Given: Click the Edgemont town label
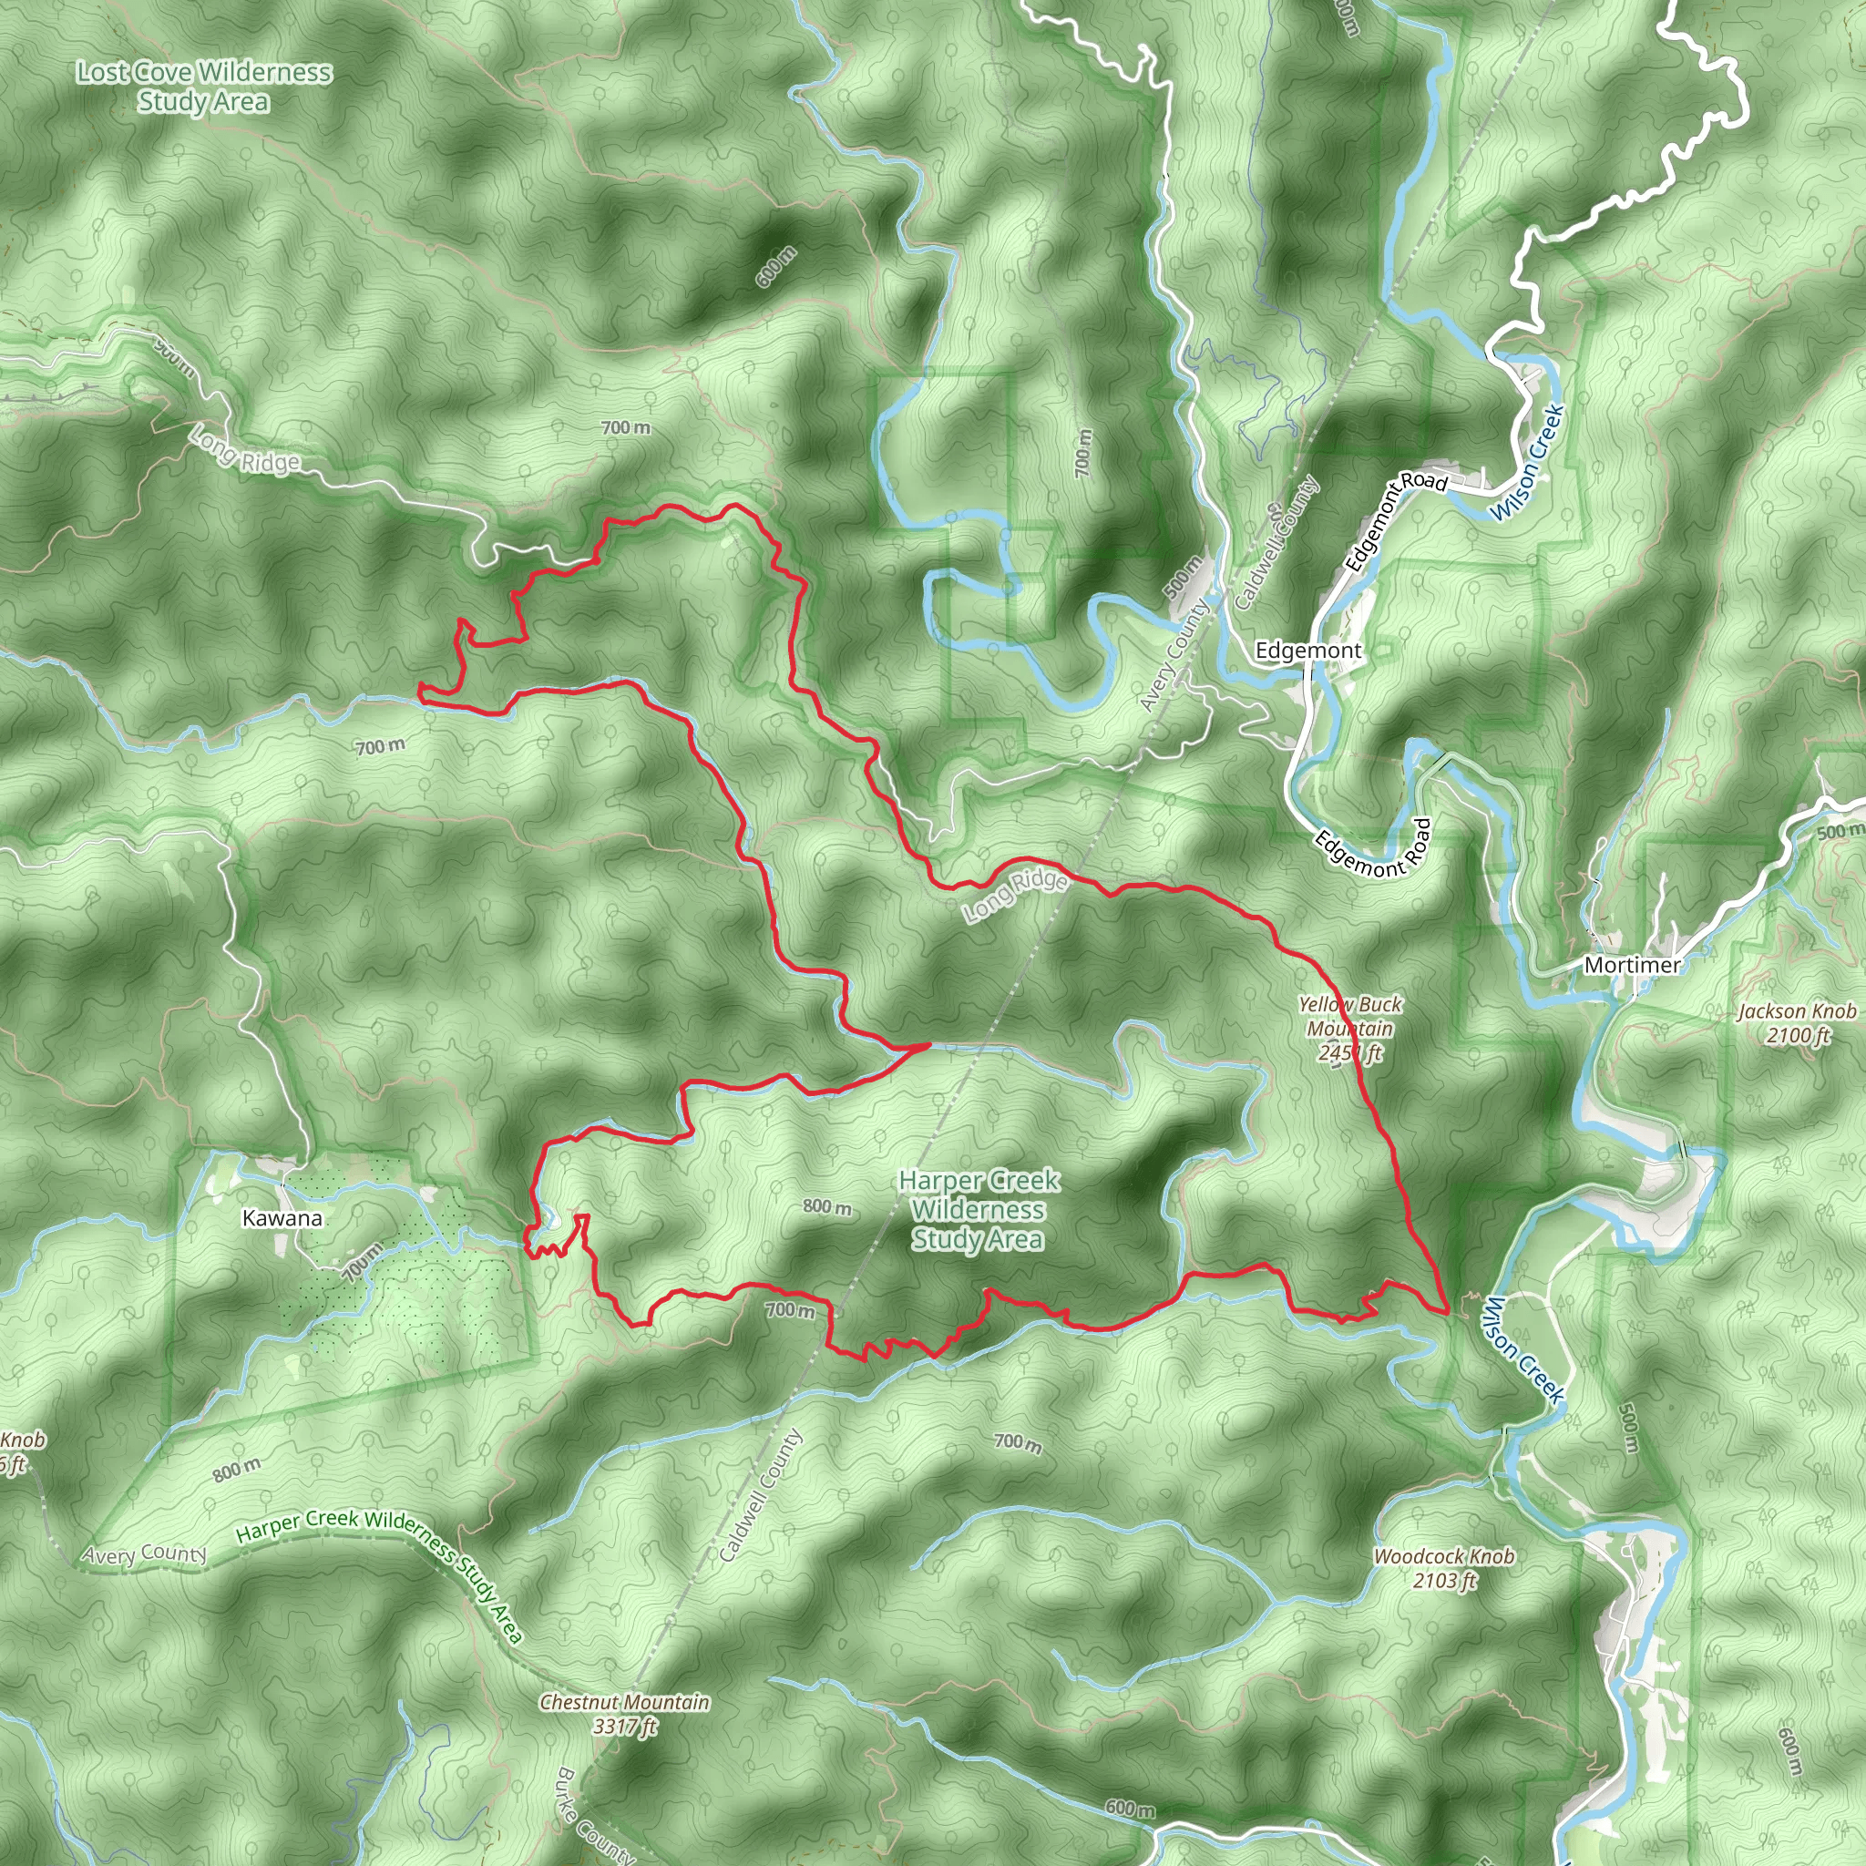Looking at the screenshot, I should click(1307, 651).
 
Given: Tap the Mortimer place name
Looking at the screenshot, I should click(1632, 965).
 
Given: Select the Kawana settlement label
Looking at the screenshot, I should click(282, 1218).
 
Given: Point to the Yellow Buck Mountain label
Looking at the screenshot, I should click(1349, 1029).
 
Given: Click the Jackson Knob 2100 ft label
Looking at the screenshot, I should click(1797, 1024).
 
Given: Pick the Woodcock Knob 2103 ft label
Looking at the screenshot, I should click(1444, 1569).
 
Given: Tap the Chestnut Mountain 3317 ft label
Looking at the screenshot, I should click(624, 1714).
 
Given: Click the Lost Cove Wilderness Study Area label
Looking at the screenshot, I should click(204, 86).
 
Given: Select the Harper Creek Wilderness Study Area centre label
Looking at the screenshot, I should click(979, 1209).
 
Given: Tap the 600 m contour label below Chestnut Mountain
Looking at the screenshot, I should click(1129, 1808).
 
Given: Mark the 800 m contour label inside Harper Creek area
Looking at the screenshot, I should click(827, 1207).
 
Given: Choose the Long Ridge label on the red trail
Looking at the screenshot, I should click(1015, 895).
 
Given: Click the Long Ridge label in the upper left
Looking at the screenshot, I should click(245, 451).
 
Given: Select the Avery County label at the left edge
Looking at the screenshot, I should click(144, 1553).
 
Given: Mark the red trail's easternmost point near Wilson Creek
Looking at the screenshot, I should click(1447, 1313).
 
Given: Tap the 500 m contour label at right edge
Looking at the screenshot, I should click(1840, 832).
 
